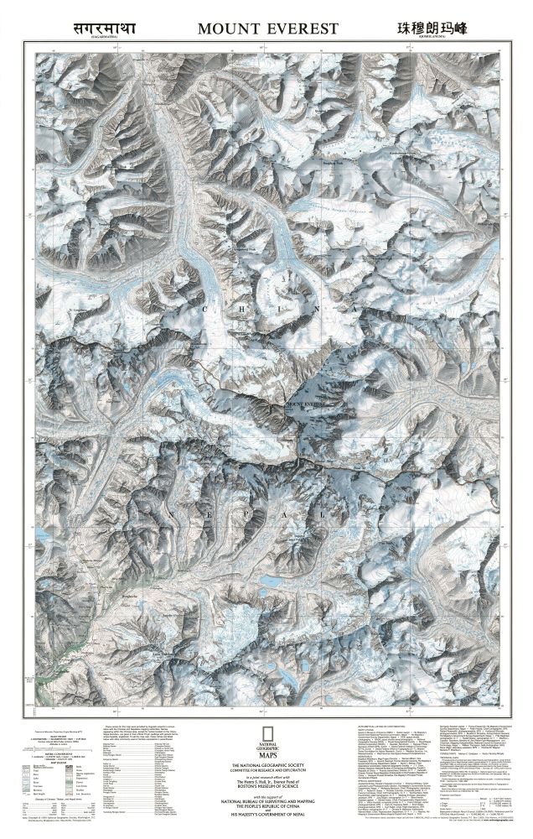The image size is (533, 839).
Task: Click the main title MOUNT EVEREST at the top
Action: pos(266,29)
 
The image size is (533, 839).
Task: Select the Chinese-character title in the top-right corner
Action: pos(431,28)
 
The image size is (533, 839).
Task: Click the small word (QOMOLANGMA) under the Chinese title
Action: pos(431,39)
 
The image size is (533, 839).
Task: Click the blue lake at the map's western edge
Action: pos(38,534)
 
